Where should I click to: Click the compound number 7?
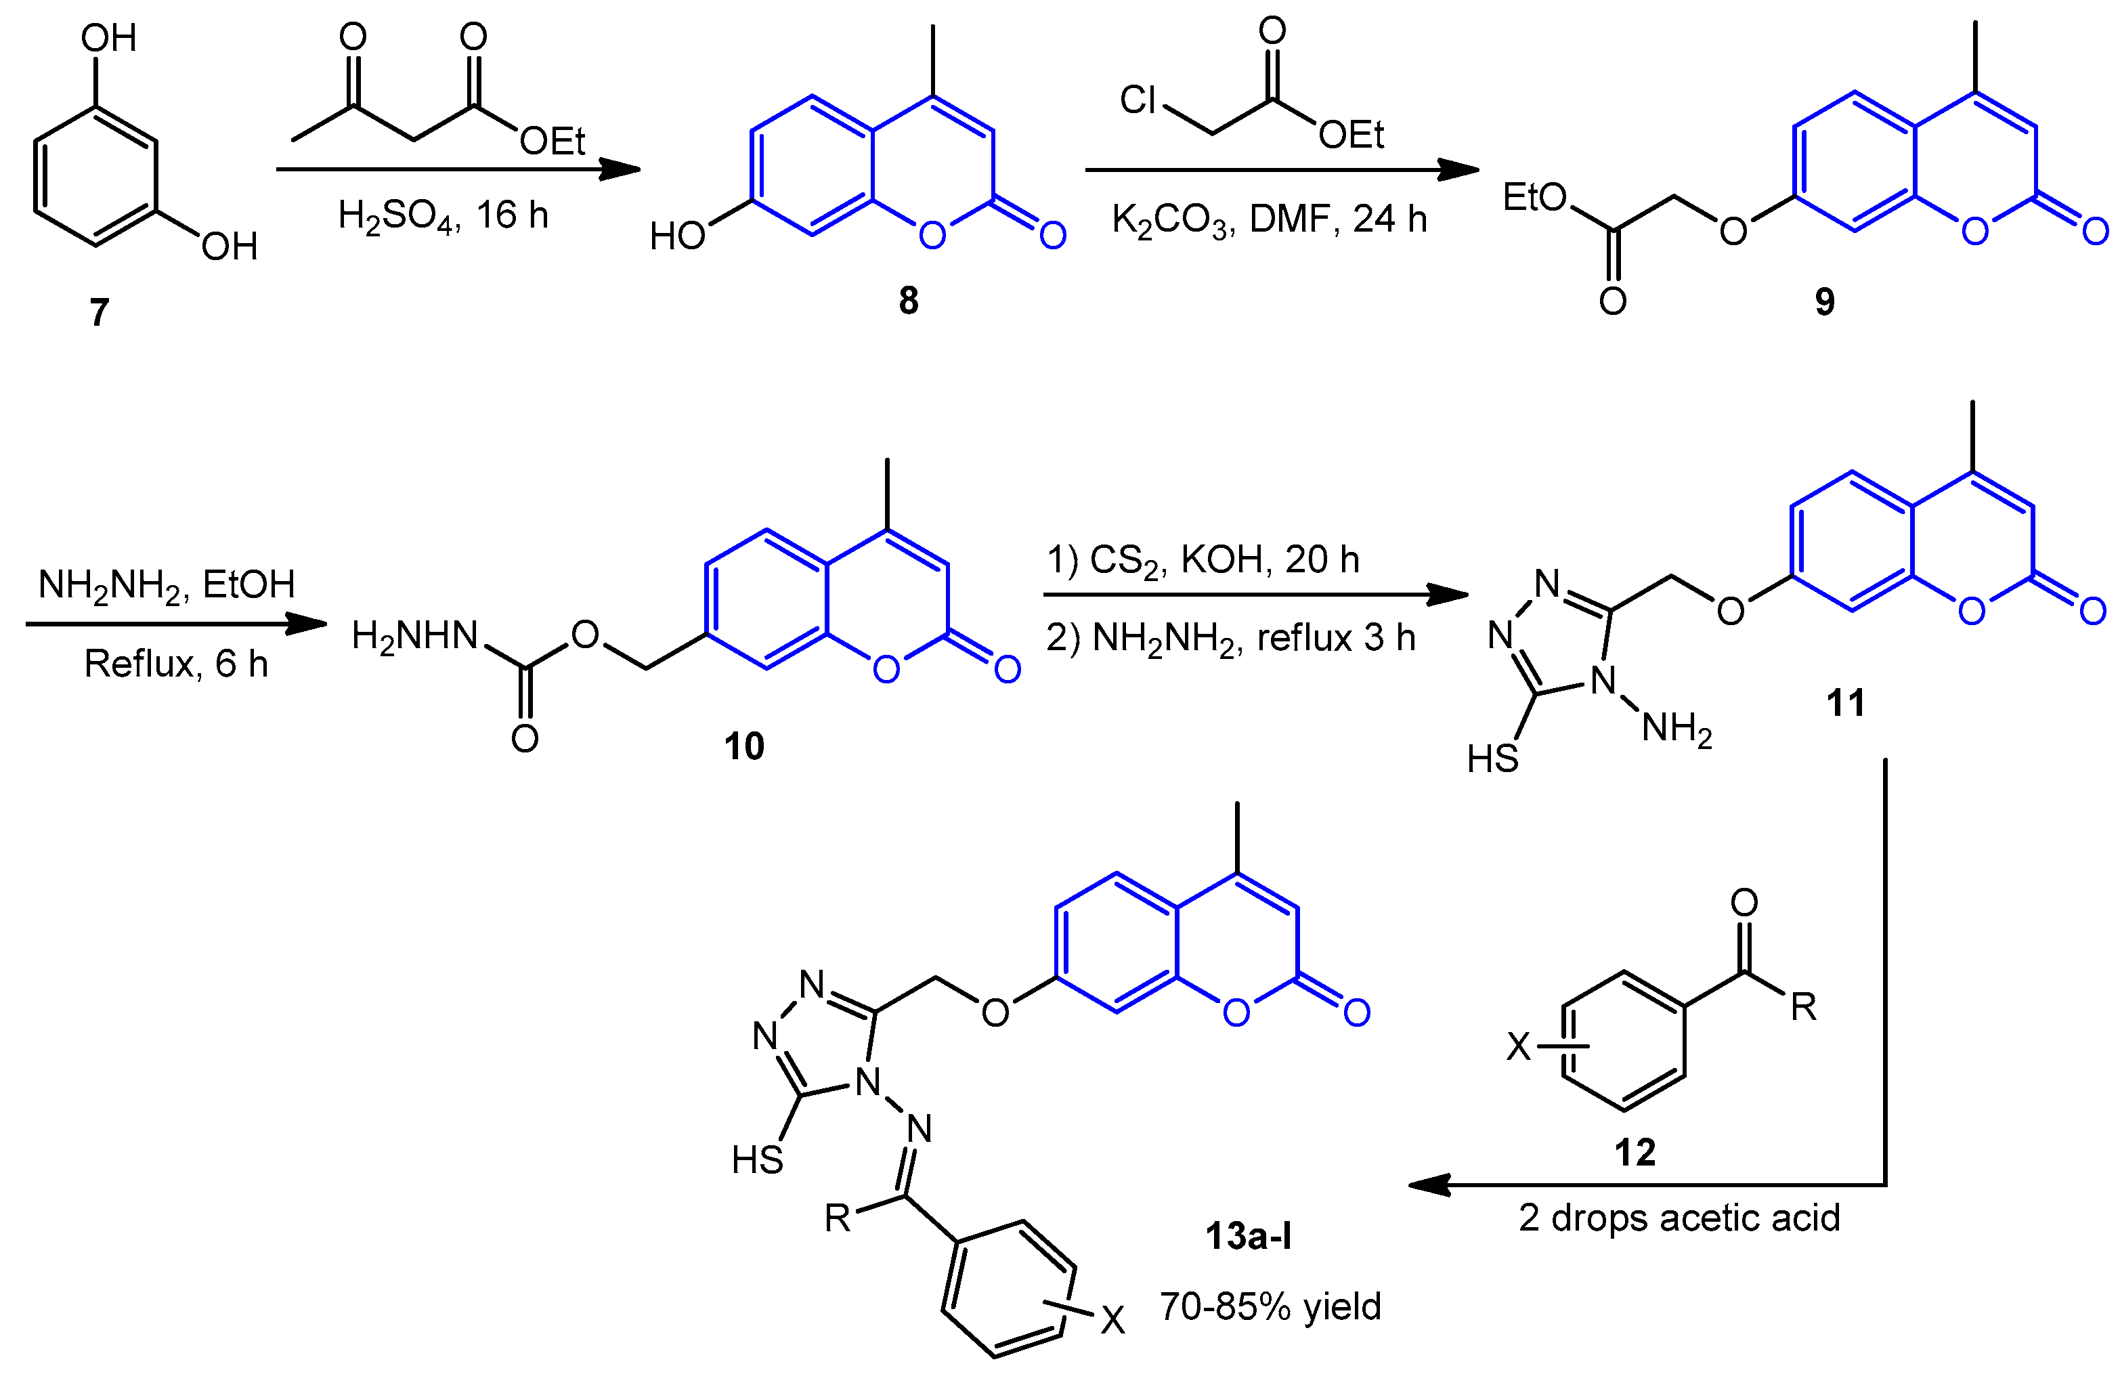click(99, 313)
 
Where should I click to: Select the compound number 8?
click(908, 301)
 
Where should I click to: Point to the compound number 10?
click(743, 746)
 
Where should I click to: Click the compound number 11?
click(1844, 703)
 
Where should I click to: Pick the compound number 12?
click(1635, 1152)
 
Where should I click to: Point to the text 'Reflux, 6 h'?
click(175, 664)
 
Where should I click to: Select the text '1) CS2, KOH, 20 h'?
click(1203, 560)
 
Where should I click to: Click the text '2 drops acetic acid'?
click(1679, 1218)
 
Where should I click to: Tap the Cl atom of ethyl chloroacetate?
click(1138, 100)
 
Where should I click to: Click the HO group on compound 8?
click(677, 236)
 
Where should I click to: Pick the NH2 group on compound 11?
click(1676, 729)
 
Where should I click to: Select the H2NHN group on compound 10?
click(415, 636)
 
